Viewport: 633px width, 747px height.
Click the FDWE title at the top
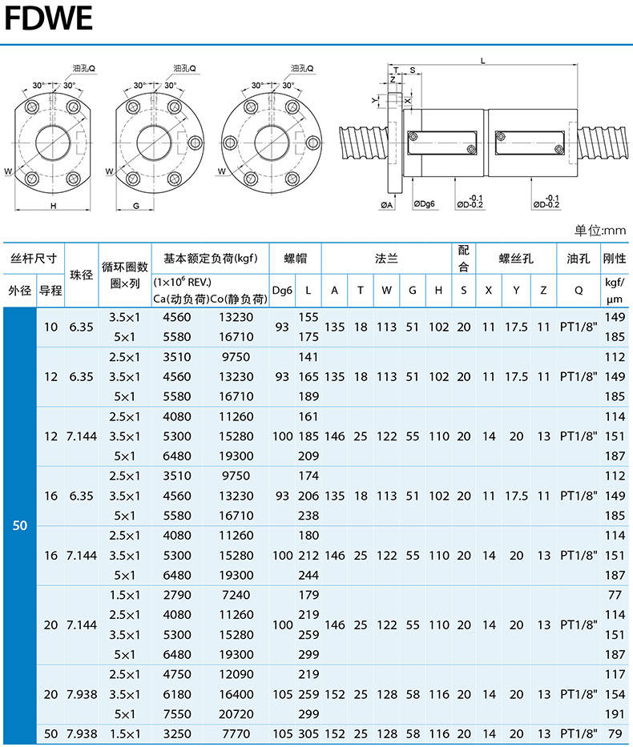[x=48, y=18]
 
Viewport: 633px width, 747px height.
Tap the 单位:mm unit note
[x=599, y=231]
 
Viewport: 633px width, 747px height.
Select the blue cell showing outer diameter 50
[x=19, y=525]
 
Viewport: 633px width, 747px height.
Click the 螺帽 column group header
[x=295, y=259]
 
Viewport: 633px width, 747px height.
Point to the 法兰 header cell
[x=386, y=259]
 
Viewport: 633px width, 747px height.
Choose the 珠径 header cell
[x=82, y=275]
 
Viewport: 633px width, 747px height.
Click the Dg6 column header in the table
[x=282, y=290]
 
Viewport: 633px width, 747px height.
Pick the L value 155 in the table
[x=308, y=317]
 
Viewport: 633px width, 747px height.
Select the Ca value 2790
[x=177, y=595]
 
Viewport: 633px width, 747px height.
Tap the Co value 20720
[x=236, y=714]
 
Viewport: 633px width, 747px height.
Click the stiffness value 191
[x=615, y=714]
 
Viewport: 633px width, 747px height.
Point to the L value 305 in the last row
[x=308, y=734]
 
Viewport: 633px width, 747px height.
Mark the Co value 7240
[x=236, y=595]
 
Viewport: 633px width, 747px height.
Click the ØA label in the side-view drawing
[x=386, y=205]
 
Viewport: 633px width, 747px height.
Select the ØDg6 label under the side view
[x=424, y=204]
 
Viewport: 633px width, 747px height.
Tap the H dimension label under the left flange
[x=54, y=206]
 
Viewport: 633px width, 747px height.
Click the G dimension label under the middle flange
[x=136, y=206]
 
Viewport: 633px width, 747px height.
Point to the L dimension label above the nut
[x=483, y=61]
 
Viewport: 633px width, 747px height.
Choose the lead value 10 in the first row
[x=50, y=327]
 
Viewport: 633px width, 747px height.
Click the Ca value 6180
[x=177, y=695]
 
